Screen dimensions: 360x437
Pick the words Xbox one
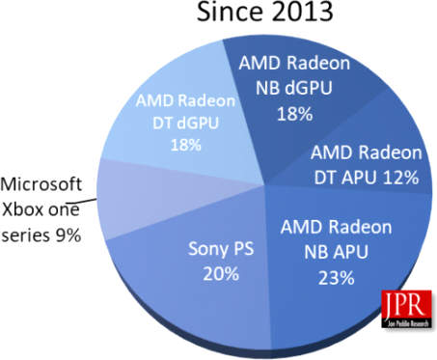pos(41,209)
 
